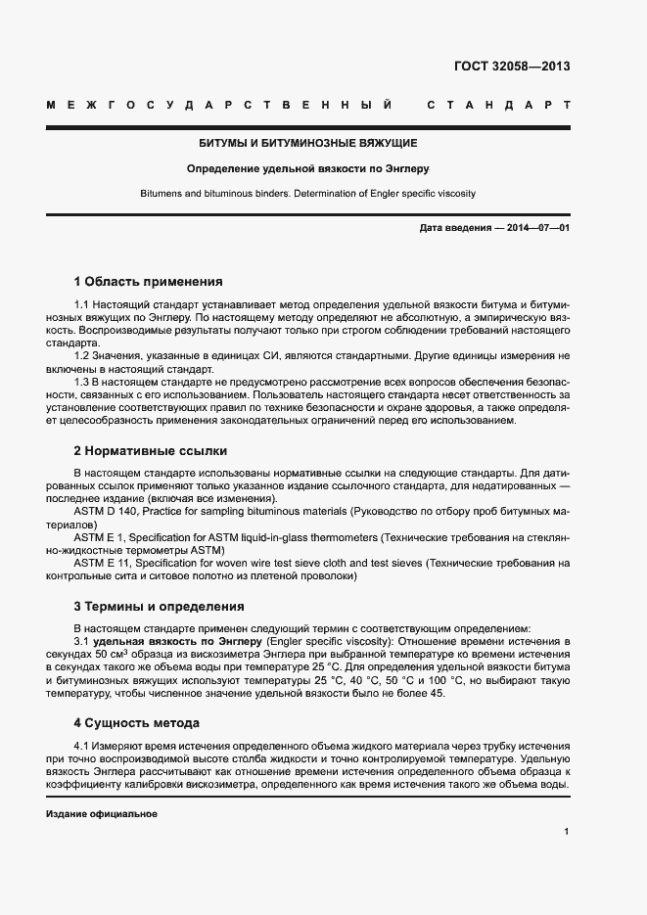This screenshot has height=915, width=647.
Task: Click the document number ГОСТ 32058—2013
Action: [512, 67]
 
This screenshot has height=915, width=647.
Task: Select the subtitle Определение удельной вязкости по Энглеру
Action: [308, 168]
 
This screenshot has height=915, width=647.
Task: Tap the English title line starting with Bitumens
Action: [308, 194]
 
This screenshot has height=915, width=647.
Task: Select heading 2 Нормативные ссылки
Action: [151, 451]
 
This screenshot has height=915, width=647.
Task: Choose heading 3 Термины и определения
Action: [159, 606]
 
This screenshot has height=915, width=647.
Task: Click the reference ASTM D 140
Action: [109, 511]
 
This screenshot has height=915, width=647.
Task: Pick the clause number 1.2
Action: [82, 355]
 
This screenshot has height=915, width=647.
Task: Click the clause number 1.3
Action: [82, 382]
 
